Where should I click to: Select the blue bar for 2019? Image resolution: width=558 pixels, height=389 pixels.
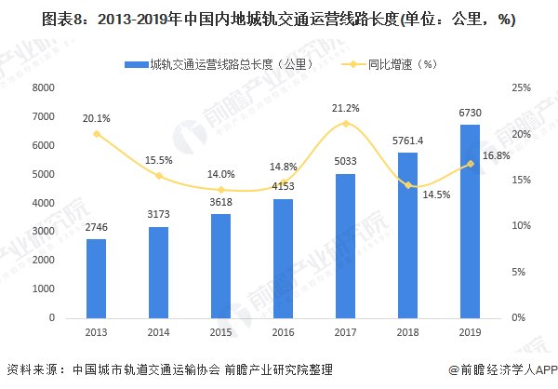[470, 221]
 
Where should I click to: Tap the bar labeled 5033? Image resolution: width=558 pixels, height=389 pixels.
[345, 246]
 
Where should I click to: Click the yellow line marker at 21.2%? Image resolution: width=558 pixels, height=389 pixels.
[345, 124]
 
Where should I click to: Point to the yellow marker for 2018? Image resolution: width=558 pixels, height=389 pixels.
[407, 185]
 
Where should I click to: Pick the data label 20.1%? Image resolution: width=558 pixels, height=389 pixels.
[97, 118]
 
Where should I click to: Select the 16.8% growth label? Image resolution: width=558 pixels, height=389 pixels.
[496, 155]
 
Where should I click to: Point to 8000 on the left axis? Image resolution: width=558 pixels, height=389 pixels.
[43, 88]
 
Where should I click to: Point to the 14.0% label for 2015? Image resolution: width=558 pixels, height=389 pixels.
[219, 174]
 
